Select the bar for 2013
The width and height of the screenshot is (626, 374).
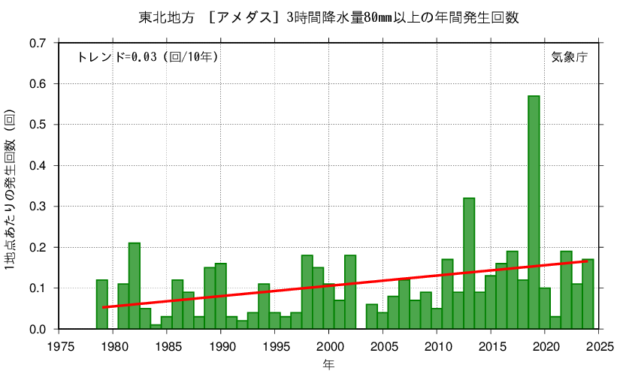click(469, 263)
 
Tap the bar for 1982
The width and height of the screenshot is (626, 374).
click(135, 285)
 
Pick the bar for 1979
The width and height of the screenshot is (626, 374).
click(102, 304)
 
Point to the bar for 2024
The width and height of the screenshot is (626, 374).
click(588, 294)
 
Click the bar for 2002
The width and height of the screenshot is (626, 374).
click(350, 292)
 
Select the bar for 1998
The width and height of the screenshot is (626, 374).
click(307, 292)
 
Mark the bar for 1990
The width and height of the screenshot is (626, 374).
click(220, 296)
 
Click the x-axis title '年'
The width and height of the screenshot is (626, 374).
click(329, 365)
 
